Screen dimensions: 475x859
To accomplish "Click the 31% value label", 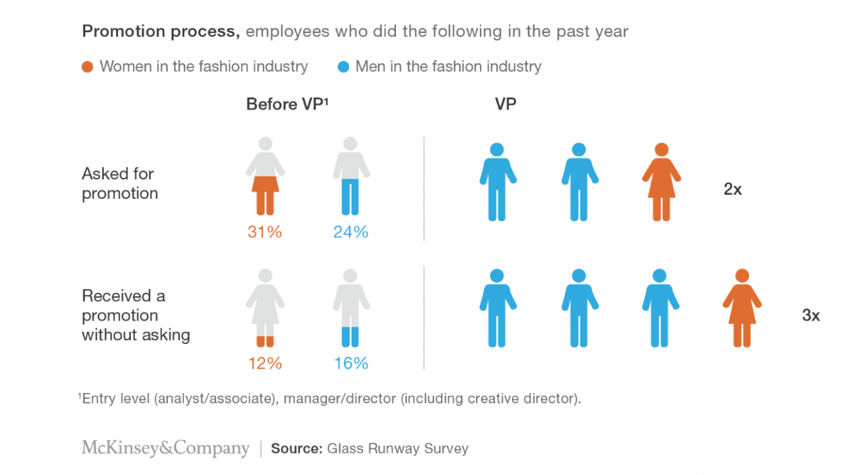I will (x=265, y=232).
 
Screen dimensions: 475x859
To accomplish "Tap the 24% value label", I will (x=351, y=232).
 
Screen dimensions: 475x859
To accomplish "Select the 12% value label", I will (x=265, y=363).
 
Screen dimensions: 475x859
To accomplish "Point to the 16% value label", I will (x=351, y=363).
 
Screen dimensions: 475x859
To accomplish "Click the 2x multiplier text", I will (x=733, y=189).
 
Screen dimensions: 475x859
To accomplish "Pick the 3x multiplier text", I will (x=811, y=315).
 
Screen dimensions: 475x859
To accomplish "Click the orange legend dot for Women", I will (x=87, y=67).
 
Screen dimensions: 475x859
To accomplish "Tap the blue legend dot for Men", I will (x=344, y=67).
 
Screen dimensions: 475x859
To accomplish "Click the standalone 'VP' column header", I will (x=505, y=105).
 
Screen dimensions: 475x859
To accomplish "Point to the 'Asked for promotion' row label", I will (x=119, y=183).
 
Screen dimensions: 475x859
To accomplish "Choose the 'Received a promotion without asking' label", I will (x=136, y=315).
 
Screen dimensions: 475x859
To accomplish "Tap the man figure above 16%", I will (x=351, y=308).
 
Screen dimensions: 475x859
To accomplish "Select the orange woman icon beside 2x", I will (x=662, y=182).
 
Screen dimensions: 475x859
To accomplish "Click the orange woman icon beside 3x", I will (x=742, y=308).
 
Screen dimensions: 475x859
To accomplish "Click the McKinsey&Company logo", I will (x=165, y=449).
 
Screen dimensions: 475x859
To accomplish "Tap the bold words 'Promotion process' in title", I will (x=161, y=31).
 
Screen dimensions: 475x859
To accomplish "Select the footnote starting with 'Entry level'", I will (x=331, y=398).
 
